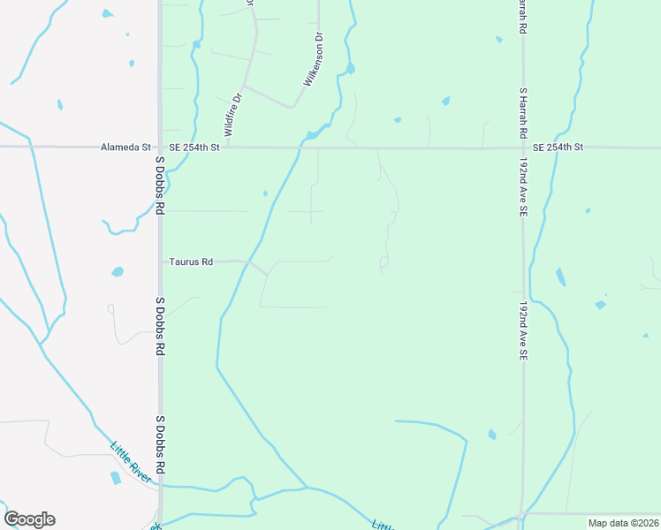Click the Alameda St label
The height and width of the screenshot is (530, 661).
[x=127, y=148]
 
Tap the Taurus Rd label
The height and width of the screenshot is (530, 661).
[x=192, y=262]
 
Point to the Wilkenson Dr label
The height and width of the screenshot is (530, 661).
[x=314, y=61]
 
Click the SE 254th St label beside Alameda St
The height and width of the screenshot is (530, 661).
[x=189, y=148]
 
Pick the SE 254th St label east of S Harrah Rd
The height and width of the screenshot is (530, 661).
[x=555, y=147]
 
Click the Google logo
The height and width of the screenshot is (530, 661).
[x=29, y=519]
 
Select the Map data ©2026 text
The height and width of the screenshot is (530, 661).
[x=623, y=523]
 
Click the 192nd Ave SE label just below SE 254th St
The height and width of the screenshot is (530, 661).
[x=523, y=188]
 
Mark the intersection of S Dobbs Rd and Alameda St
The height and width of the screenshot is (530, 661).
[x=160, y=148]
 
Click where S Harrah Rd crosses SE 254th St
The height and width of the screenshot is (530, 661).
[x=523, y=148]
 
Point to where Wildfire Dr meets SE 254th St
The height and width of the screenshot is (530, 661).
[x=227, y=148]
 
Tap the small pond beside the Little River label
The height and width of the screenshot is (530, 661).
[x=115, y=478]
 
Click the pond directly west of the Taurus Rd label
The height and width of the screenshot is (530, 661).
[x=118, y=271]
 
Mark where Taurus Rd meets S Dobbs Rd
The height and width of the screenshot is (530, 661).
[x=161, y=262]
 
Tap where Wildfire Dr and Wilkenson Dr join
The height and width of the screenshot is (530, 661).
[x=293, y=107]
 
